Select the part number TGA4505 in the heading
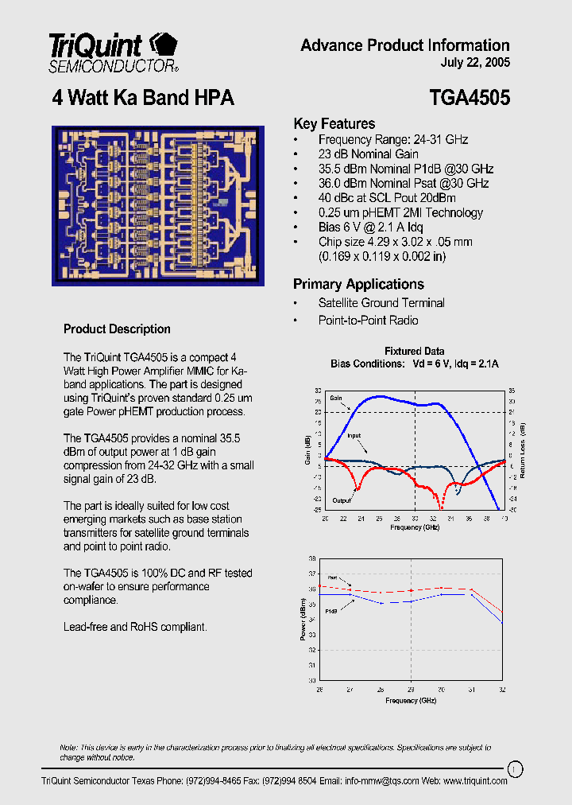click(x=469, y=98)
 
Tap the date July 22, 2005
click(x=475, y=63)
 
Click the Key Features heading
click(x=334, y=124)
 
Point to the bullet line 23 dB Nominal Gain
click(x=368, y=154)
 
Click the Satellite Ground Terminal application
click(x=381, y=303)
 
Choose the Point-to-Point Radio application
click(x=368, y=321)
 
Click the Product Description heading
click(x=117, y=329)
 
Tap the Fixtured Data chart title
click(x=414, y=352)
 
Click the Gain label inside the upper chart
click(x=336, y=397)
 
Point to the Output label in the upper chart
click(x=342, y=500)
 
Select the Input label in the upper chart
click(x=354, y=436)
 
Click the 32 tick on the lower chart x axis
click(x=501, y=689)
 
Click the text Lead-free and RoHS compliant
click(x=135, y=627)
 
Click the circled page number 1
click(x=515, y=768)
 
